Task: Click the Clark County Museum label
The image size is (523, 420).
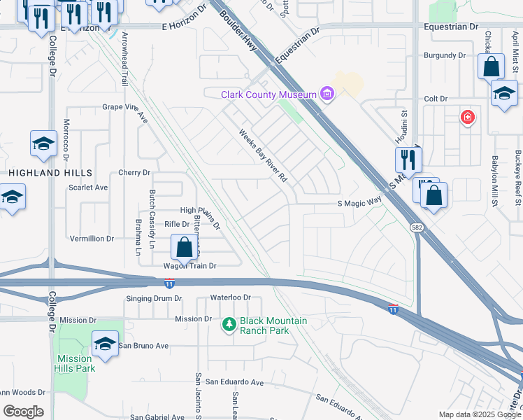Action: (x=270, y=94)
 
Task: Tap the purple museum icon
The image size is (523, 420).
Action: (x=327, y=94)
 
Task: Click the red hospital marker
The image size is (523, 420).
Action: (x=467, y=118)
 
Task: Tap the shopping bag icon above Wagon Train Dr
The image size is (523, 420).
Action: (x=184, y=247)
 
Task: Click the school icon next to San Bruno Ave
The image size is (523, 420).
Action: (x=105, y=344)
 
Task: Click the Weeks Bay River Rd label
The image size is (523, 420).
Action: (x=263, y=156)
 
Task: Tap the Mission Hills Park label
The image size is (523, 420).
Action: (x=75, y=363)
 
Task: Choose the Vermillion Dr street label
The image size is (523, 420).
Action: (x=92, y=239)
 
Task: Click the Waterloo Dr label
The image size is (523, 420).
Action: (x=227, y=297)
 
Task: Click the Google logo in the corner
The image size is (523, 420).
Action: (x=23, y=412)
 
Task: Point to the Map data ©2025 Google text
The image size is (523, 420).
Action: (x=479, y=414)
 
